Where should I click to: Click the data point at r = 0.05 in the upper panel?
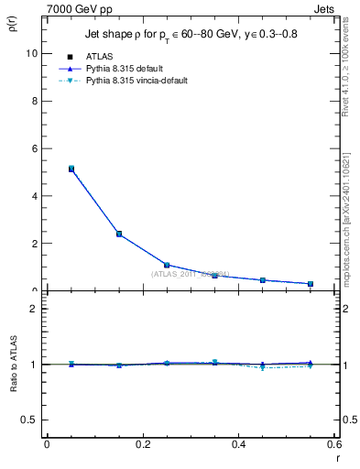click(71, 169)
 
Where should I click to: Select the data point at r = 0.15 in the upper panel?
click(119, 234)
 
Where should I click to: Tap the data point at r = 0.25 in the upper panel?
click(167, 265)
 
